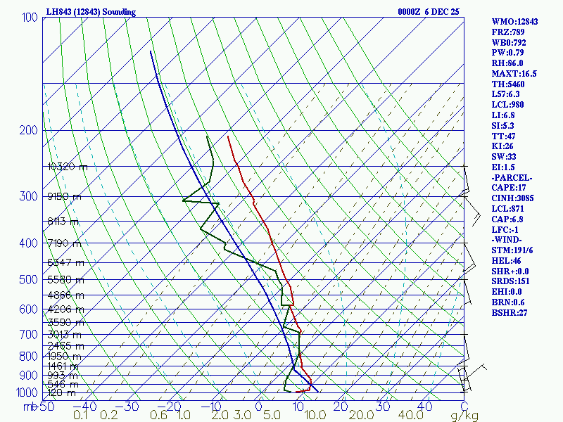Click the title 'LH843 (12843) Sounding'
click(x=91, y=12)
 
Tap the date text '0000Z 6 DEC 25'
click(x=429, y=12)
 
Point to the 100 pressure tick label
click(x=30, y=17)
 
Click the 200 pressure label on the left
click(x=30, y=130)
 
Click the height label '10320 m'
click(x=68, y=167)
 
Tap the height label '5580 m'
click(x=65, y=279)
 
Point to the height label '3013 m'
click(x=65, y=334)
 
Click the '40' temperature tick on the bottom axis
click(x=424, y=406)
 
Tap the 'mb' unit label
click(x=30, y=406)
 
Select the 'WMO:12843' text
click(x=514, y=22)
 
